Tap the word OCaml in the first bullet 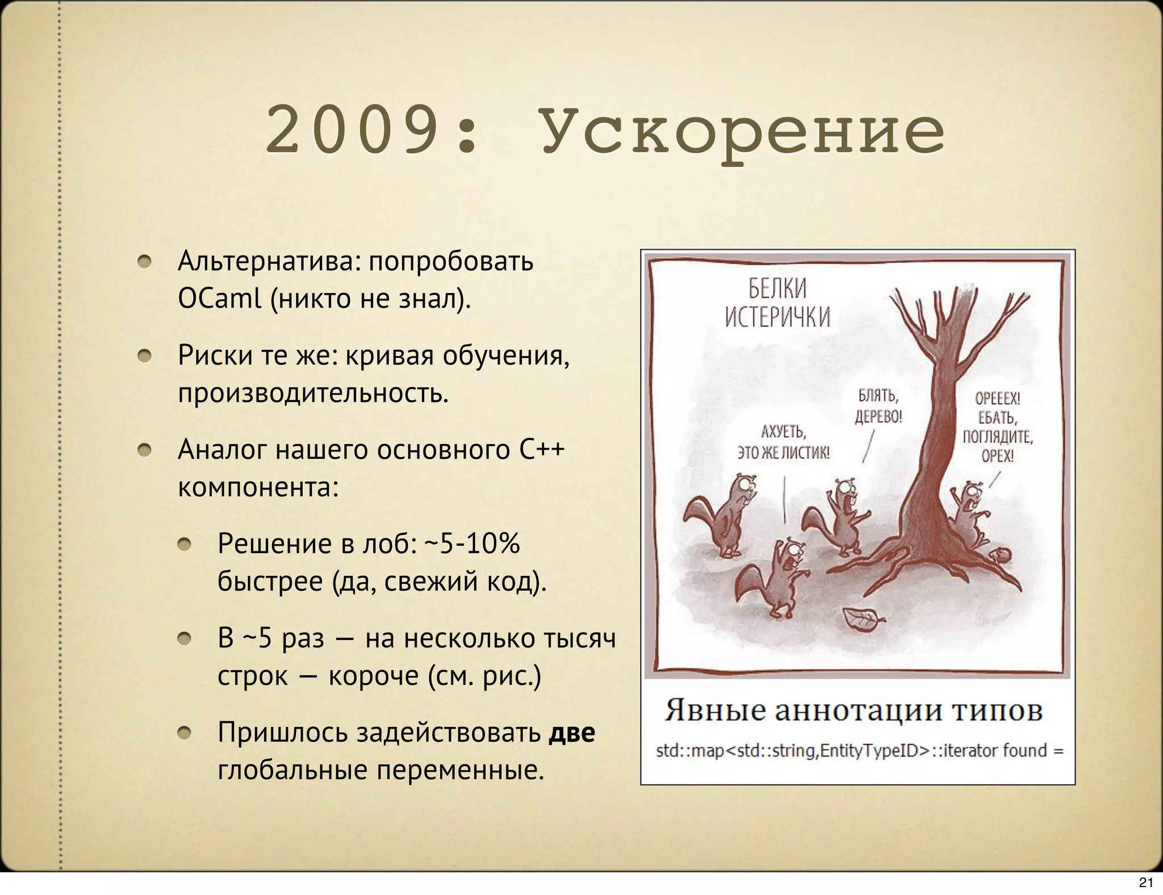point(219,298)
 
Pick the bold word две point(571,733)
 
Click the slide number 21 point(1146,883)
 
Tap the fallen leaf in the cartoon point(863,620)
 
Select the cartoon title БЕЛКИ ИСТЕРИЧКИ point(777,303)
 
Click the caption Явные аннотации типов point(854,710)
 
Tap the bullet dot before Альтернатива point(145,262)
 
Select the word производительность point(313,393)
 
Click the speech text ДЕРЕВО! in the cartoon point(878,416)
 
